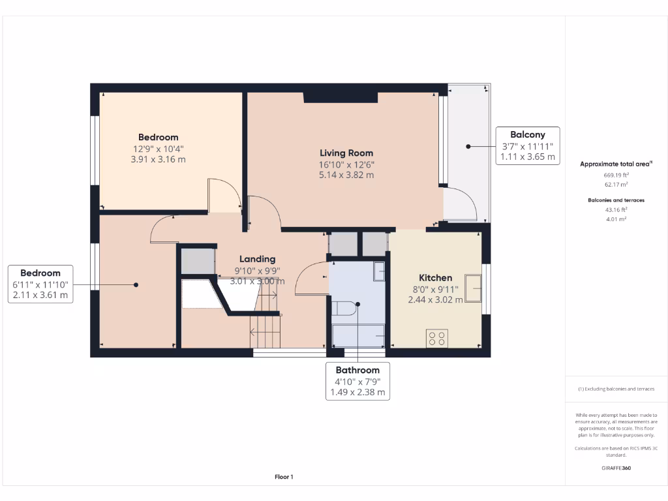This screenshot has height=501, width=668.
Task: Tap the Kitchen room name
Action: coord(435,278)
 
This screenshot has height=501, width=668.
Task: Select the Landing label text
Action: coord(257,259)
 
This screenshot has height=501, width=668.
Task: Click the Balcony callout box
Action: coord(527,145)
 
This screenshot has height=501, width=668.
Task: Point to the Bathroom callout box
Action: coord(357,381)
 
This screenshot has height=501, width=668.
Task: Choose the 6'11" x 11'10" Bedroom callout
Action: coord(40,284)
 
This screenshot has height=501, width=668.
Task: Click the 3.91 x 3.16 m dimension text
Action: coord(158,159)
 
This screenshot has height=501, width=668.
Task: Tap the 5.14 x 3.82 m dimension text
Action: coord(346,175)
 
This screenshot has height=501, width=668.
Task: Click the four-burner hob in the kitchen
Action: coord(436,338)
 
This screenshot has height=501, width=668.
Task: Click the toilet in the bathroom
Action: coord(344,307)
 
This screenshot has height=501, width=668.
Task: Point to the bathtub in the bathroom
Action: coord(357,335)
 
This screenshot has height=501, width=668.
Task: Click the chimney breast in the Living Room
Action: coord(341,97)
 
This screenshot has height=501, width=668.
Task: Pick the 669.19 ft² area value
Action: coord(616,175)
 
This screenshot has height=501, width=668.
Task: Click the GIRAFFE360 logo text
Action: coord(616,468)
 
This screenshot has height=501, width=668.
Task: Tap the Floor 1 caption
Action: coord(284,477)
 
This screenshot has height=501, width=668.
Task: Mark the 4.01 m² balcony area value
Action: coord(616,219)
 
